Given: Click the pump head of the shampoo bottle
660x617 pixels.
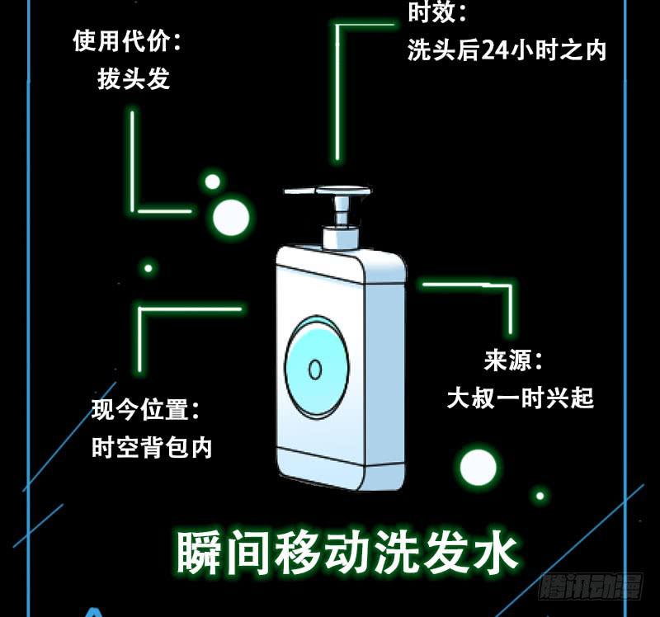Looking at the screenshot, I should (327, 192).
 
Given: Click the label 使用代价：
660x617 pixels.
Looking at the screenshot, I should (127, 41).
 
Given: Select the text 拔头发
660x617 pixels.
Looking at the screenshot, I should (133, 78).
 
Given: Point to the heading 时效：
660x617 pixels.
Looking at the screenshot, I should (437, 12).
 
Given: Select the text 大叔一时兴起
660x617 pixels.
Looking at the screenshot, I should (520, 398).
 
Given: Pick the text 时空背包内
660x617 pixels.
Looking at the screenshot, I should (152, 448).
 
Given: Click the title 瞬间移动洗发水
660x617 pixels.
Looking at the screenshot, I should (347, 551).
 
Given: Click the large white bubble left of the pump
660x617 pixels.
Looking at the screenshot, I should (231, 218).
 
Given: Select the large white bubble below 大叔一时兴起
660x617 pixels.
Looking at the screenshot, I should (478, 468).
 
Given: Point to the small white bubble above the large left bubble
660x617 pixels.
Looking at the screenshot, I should (212, 181).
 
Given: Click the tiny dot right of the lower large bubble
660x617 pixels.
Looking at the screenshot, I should (540, 496).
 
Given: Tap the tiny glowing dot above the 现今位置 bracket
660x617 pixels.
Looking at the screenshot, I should (148, 268).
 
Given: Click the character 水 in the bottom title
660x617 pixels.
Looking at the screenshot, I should (496, 551).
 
